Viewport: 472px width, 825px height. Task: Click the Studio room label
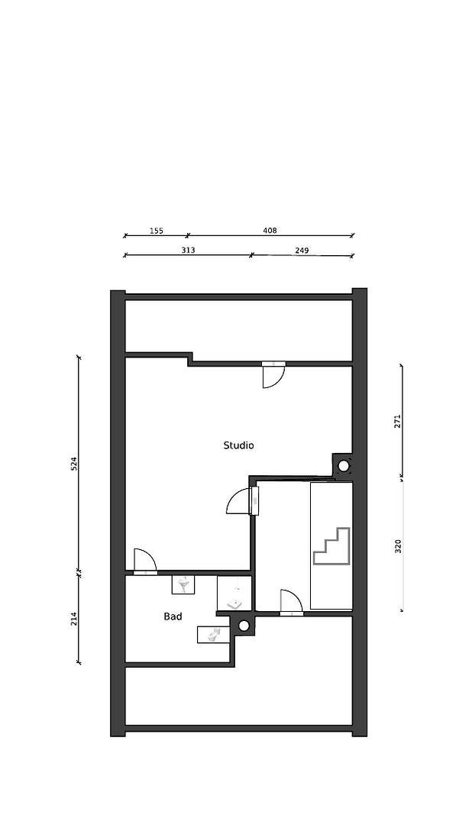(x=238, y=445)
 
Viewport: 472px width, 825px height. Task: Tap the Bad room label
(x=173, y=616)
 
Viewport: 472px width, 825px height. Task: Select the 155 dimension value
(x=156, y=230)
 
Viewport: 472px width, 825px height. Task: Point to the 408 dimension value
(x=270, y=230)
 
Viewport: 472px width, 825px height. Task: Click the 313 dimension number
(x=188, y=250)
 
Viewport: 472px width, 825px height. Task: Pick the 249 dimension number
(x=302, y=250)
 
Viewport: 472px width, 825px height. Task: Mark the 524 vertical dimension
(x=74, y=463)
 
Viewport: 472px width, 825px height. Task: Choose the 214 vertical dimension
(x=74, y=619)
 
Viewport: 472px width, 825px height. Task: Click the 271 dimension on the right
(x=398, y=421)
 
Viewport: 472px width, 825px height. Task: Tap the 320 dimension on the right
(x=398, y=545)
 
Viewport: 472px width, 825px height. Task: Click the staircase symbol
(x=331, y=546)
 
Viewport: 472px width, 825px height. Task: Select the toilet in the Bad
(x=213, y=634)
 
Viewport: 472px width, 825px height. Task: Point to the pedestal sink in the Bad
(x=183, y=585)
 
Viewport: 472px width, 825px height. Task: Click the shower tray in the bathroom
(x=234, y=594)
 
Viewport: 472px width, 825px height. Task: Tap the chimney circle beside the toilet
(x=244, y=626)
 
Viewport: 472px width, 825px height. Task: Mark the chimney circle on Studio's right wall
(x=344, y=465)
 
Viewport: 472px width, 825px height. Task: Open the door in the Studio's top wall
(x=273, y=374)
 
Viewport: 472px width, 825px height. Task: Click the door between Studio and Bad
(x=144, y=561)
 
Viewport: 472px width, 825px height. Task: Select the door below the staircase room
(x=291, y=602)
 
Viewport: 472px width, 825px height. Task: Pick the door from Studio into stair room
(x=242, y=501)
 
